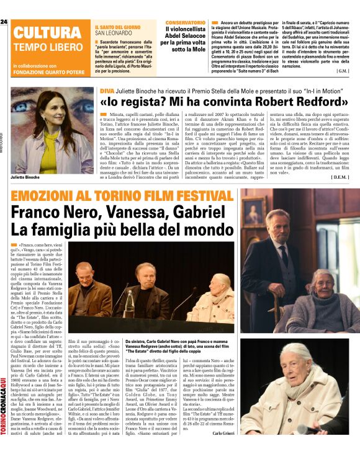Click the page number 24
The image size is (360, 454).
click(4, 22)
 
